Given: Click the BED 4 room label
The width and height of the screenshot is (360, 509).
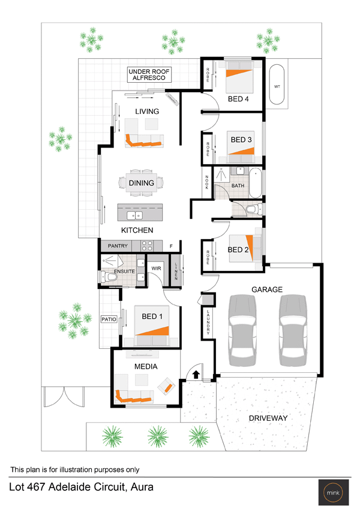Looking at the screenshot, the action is pos(238,99).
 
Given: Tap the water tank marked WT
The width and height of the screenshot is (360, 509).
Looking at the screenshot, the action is pos(277,85).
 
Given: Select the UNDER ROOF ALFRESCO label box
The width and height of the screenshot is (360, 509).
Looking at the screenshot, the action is pos(149,74).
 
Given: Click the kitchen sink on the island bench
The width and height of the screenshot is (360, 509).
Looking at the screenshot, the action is pos(134,215).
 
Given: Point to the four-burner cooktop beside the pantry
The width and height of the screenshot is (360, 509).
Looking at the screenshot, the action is pos(147,246).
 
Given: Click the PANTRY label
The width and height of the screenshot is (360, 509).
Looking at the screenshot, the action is pos(118,246).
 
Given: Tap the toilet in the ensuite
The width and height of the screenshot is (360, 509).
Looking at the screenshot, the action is pos(109,278).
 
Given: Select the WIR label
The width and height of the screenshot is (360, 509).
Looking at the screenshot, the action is pos(156,269).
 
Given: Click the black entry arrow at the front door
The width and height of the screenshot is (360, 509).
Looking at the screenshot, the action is pos(196,374).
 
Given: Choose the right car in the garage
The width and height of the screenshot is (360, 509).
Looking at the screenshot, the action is pos(293,330).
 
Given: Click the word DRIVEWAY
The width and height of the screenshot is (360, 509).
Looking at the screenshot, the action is pos(268,418).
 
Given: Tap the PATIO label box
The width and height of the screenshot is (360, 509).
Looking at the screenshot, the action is pos(109,320).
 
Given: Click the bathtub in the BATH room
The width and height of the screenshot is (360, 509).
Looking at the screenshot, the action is pos(256,183).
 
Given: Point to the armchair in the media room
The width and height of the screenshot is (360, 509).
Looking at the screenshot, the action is pos(167,386).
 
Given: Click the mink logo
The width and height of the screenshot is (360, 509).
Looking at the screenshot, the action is pos(333,492).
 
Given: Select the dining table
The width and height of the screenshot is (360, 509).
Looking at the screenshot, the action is pos(142,183).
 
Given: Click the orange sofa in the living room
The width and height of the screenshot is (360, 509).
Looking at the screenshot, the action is pos(142,141).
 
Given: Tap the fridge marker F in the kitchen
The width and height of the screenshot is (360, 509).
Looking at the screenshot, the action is pos(171,246).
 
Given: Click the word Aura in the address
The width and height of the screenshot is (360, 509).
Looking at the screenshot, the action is pos(142,487).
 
